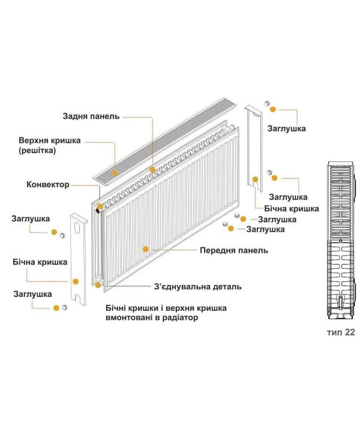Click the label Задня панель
pos(91,116)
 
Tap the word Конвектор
pos(48,184)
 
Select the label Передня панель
pos(234,250)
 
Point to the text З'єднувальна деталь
pos(198,287)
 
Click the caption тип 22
pos(341,332)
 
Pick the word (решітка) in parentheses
pos(37,151)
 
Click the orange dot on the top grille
pos(115,173)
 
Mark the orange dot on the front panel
pos(145,249)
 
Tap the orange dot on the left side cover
pos(76,281)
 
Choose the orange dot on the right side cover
pos(256,179)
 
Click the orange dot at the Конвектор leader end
pos(100,206)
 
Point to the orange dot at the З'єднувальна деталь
pos(98,285)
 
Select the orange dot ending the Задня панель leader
pos(152,170)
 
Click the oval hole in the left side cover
pos(77,228)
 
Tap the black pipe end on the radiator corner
pos(98,211)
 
